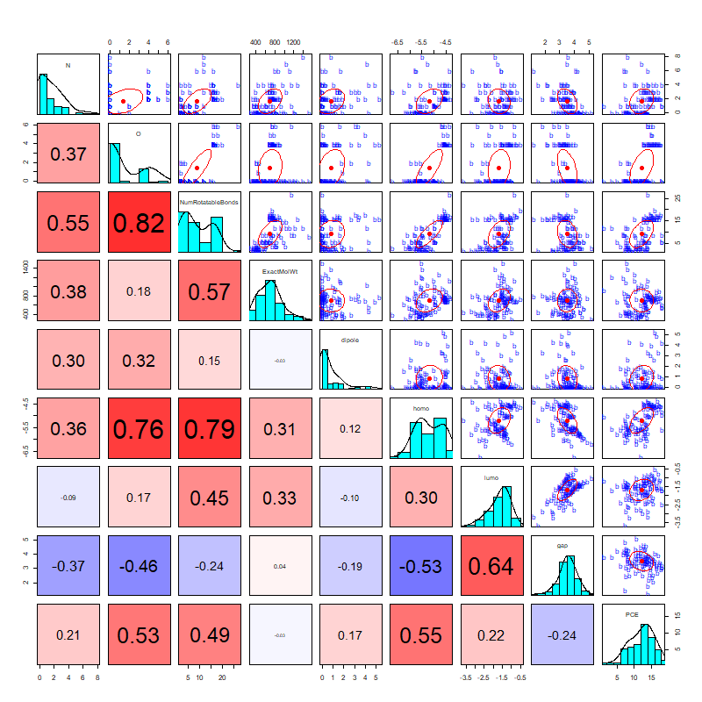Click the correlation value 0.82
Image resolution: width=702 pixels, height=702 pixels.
click(139, 223)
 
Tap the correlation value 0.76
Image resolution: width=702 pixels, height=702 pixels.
click(139, 429)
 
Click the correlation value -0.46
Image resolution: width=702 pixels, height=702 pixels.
click(139, 566)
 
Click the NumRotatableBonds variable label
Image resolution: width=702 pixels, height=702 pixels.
click(209, 202)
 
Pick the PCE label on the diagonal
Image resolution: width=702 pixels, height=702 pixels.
click(633, 614)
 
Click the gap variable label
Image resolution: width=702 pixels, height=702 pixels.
click(562, 546)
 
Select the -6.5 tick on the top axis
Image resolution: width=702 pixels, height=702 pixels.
click(398, 41)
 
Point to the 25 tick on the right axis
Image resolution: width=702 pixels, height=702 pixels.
click(677, 199)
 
